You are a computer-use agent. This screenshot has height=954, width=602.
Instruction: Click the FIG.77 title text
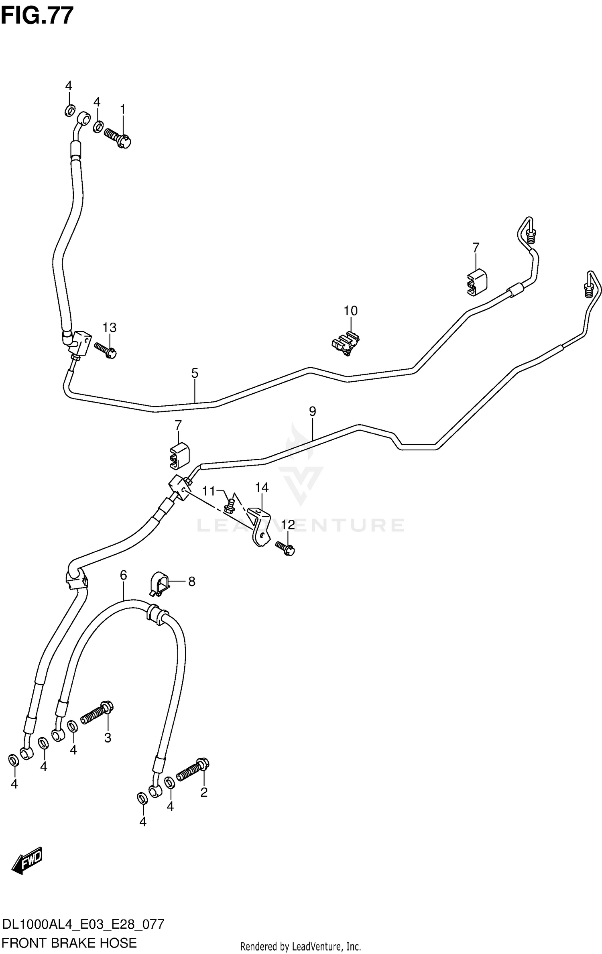[37, 16]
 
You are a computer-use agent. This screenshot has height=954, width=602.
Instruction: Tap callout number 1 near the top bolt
[123, 110]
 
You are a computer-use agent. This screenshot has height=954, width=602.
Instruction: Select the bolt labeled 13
[105, 350]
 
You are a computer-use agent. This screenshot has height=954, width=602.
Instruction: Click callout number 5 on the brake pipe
[195, 374]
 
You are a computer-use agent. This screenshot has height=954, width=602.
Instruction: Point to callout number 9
[313, 411]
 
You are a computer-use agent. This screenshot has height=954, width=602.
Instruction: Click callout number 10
[350, 311]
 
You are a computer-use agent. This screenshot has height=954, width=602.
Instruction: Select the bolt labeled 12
[285, 548]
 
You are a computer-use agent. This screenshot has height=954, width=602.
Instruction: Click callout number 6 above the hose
[123, 575]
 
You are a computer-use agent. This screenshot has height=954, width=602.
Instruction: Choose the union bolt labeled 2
[192, 770]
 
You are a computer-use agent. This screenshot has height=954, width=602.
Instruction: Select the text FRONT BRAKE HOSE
[69, 940]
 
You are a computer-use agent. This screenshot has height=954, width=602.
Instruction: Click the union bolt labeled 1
[118, 137]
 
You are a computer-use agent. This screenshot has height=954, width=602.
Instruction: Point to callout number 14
[262, 488]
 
